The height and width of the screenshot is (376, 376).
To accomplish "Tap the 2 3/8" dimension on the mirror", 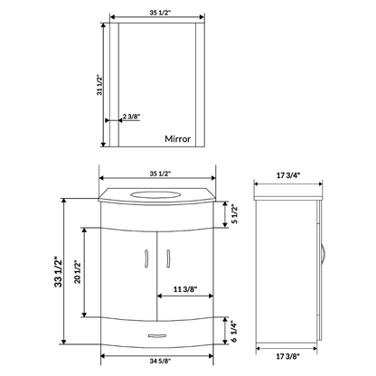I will tap(132, 116).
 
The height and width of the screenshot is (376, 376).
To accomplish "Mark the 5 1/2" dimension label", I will tap(235, 212).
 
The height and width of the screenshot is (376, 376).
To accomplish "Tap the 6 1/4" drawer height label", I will tap(235, 333).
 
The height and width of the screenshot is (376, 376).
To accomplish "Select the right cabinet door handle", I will tap(170, 261).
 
